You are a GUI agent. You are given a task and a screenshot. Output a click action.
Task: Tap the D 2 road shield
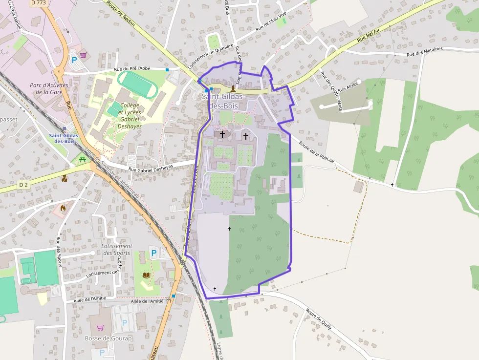click(24, 185)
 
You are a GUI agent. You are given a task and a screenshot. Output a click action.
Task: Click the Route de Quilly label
click(319, 318)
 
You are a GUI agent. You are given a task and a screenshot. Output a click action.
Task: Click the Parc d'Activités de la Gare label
click(49, 88)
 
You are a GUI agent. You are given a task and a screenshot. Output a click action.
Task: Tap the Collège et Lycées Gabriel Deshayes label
click(130, 115)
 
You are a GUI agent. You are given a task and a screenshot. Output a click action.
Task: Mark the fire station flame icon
click(63, 208)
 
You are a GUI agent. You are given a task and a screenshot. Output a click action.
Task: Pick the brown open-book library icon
click(146, 275)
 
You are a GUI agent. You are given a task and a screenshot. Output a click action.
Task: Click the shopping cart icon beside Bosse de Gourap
click(100, 327)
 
